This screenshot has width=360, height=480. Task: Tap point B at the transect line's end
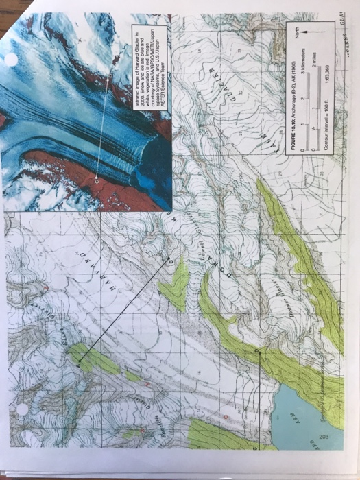pyautogui.click(x=171, y=260)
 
